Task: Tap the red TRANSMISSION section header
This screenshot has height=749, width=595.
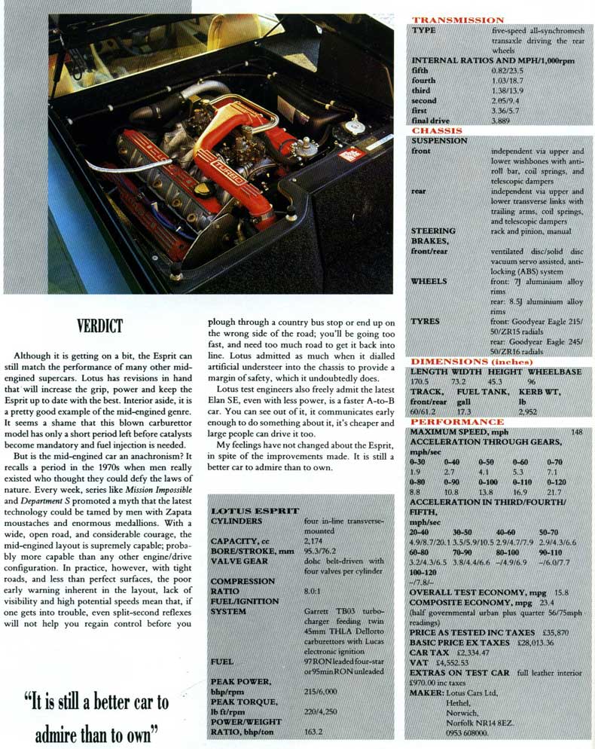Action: coord(457,20)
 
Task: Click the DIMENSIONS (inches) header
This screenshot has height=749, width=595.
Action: coord(464,361)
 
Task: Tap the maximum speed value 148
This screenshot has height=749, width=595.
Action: coord(577,432)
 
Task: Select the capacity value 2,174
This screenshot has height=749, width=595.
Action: coord(315,541)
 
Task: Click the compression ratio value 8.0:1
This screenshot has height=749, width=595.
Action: coord(315,592)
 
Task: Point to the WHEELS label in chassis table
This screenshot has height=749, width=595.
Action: coord(429,280)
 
